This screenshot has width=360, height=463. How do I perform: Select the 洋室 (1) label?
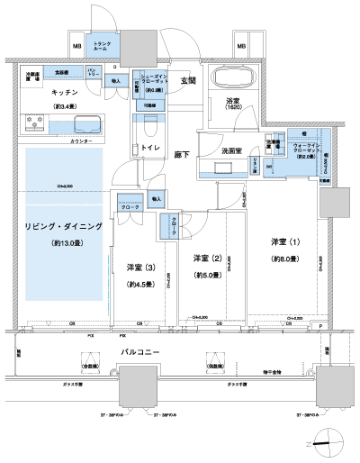pos(285,242)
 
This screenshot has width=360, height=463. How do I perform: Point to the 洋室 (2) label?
pos(209,259)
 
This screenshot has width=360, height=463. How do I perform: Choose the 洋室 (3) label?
pos(140,267)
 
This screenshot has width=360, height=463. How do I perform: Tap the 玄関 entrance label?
pos(188,81)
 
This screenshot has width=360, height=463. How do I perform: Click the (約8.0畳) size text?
pos(285,259)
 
